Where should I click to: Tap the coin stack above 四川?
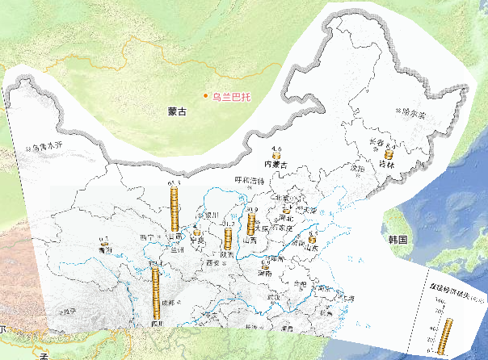[156, 291]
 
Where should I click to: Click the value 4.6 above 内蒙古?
[276, 149]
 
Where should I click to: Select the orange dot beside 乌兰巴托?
[206, 95]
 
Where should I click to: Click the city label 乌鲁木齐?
[45, 148]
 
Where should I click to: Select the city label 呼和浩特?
[250, 180]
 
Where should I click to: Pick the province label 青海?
[103, 251]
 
